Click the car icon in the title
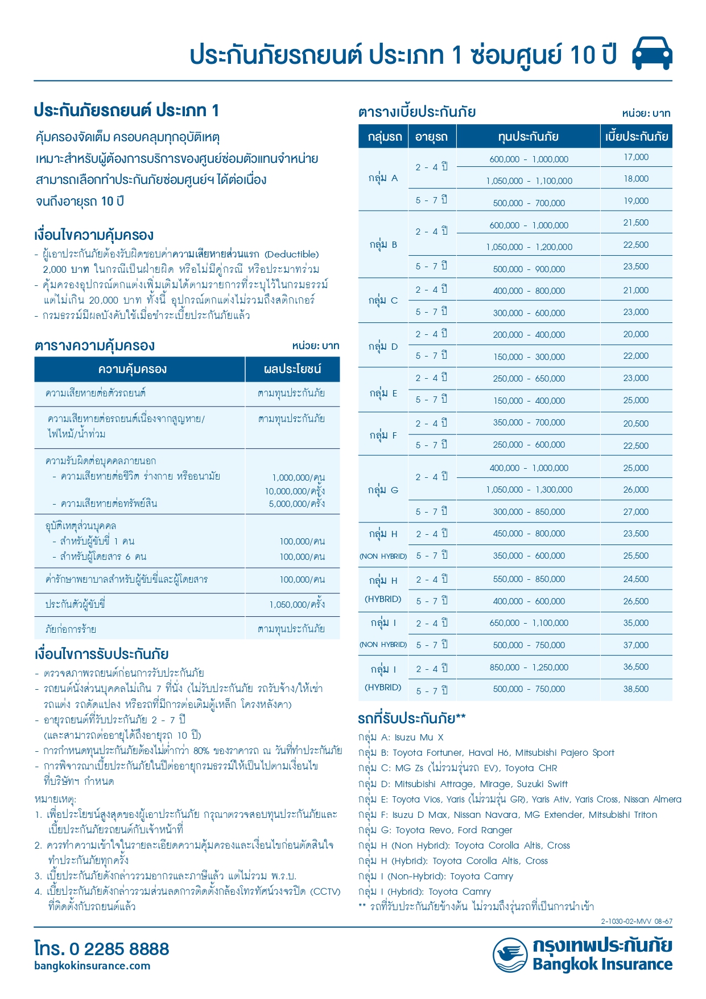click(x=652, y=54)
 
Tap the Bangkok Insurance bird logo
click(x=510, y=955)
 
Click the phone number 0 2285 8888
click(x=119, y=949)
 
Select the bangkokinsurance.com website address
click(x=92, y=966)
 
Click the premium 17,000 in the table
click(x=635, y=157)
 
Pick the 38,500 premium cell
click(x=635, y=689)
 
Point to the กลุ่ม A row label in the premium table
click(x=383, y=178)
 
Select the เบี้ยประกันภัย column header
click(x=636, y=137)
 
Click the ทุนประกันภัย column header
click(x=528, y=137)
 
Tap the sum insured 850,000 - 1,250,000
click(x=529, y=668)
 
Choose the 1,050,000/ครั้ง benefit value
click(x=297, y=605)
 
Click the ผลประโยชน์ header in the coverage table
click(x=292, y=369)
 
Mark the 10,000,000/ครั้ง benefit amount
click(x=295, y=491)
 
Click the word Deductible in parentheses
click(x=292, y=254)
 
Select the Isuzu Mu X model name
click(x=419, y=738)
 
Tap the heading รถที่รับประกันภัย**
click(x=412, y=718)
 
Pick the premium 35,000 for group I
click(x=635, y=623)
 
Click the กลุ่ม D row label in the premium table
click(x=383, y=346)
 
